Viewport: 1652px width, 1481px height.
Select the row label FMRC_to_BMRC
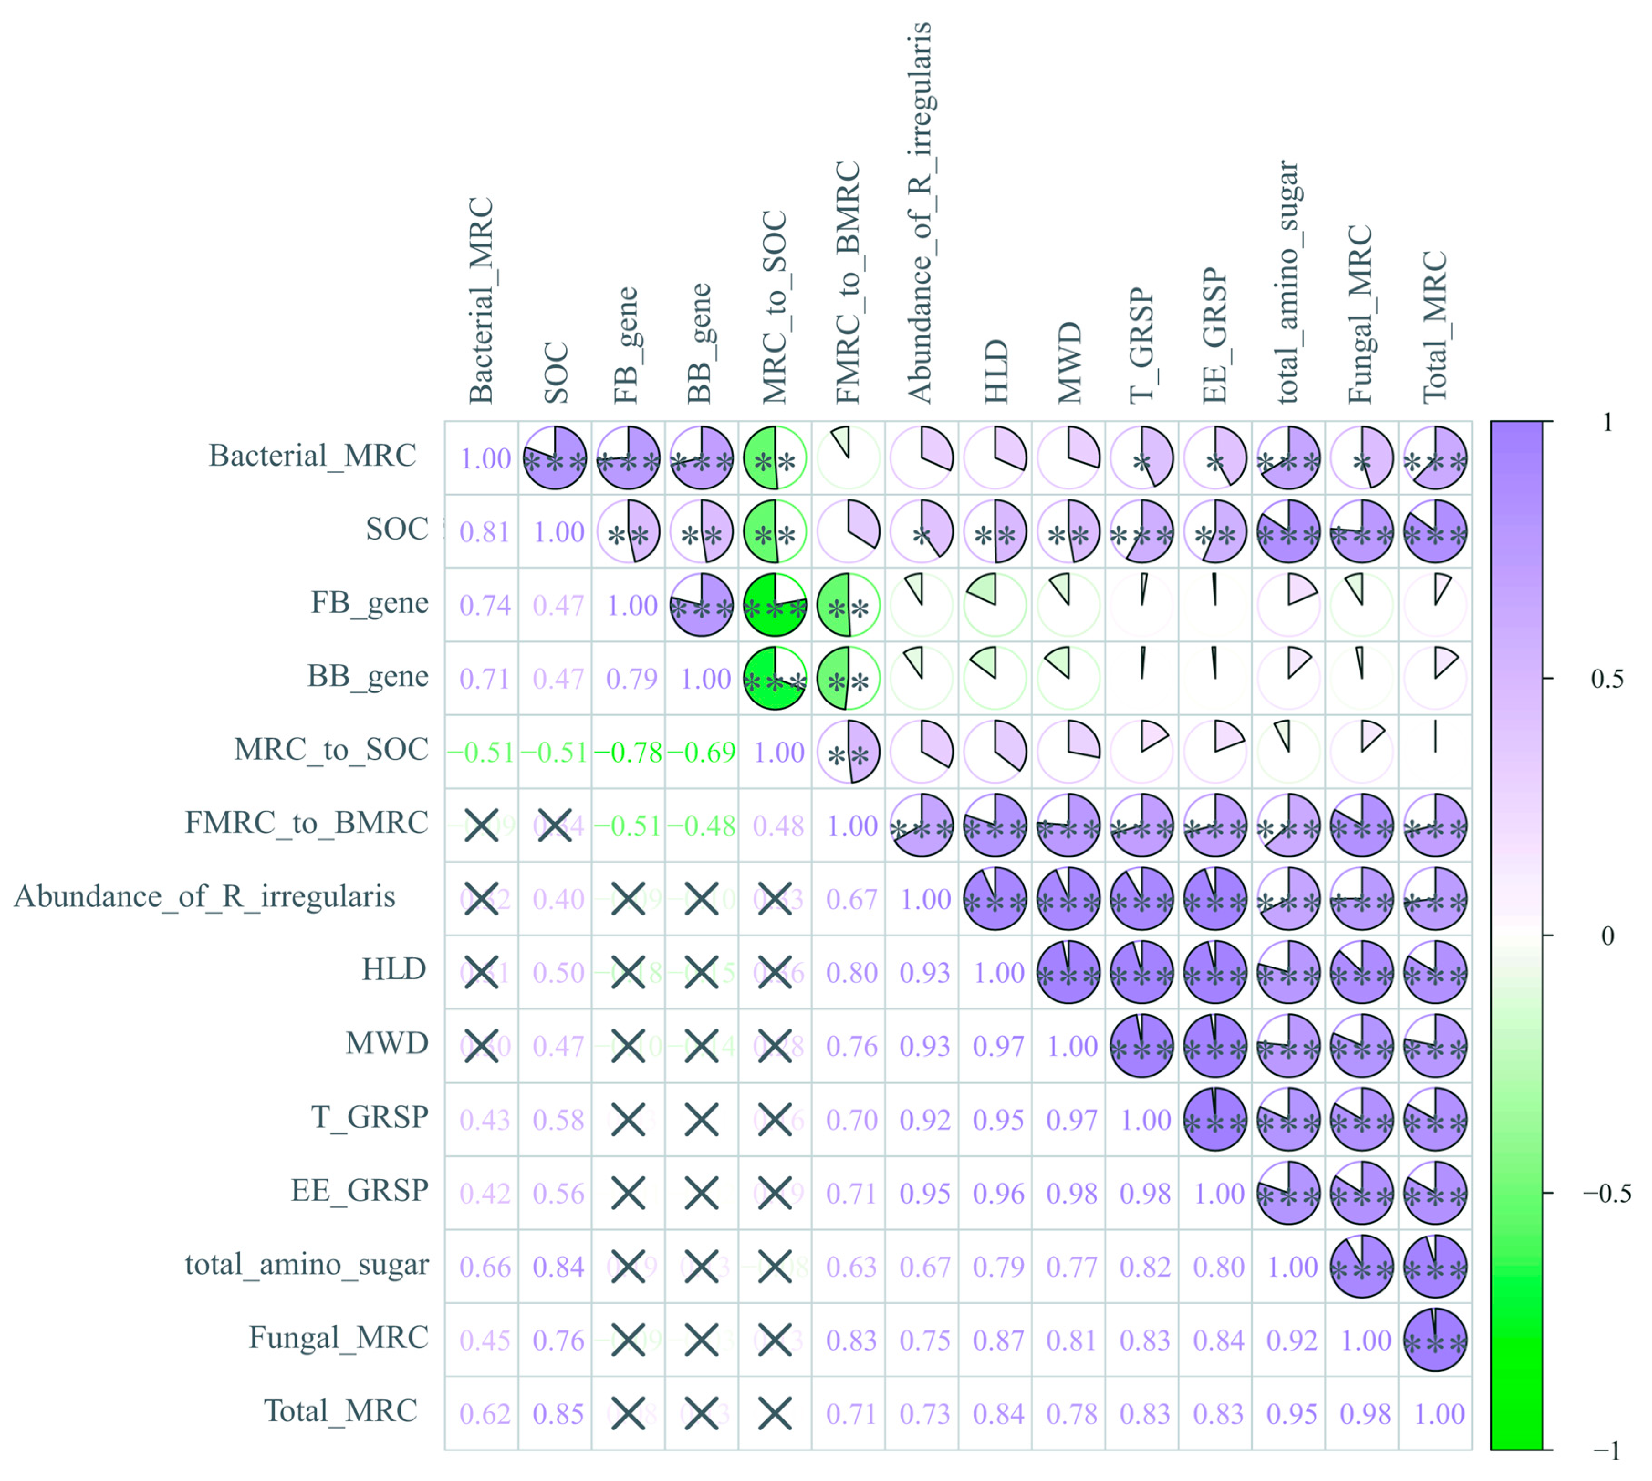[306, 823]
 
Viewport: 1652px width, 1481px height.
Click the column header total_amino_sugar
[1288, 281]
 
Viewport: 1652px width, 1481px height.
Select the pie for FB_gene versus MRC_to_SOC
[775, 605]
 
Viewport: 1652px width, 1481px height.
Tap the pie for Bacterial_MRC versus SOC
[555, 458]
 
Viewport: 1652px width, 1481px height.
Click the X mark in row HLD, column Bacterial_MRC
[482, 972]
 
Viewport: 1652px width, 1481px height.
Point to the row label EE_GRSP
[360, 1190]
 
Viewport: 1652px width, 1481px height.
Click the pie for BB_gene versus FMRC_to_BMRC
[849, 679]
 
